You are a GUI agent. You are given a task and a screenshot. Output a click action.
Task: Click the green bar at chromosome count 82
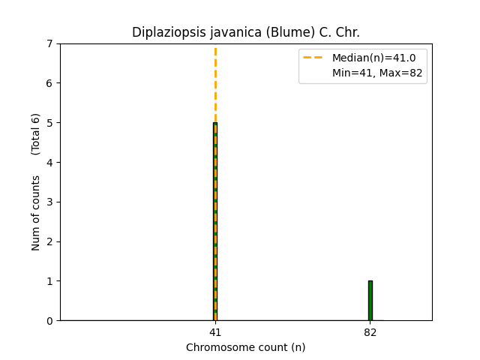tap(370, 301)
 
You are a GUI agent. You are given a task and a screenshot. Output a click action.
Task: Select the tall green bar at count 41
tap(214, 225)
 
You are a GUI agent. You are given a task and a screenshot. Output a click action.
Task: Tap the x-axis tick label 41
tap(215, 331)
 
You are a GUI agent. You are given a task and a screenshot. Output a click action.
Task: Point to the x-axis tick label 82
tap(370, 331)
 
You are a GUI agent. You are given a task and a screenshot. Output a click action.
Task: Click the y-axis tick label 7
tap(49, 43)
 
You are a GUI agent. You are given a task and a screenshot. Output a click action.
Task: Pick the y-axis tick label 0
tap(49, 321)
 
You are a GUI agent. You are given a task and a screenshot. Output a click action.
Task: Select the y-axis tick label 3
tap(49, 202)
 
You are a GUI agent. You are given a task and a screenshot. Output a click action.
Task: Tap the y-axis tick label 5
tap(49, 123)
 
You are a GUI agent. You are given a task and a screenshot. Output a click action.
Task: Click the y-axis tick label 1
tap(49, 281)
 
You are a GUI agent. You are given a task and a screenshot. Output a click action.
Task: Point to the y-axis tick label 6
tap(49, 83)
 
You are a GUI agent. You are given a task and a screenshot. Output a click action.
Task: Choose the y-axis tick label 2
tap(49, 241)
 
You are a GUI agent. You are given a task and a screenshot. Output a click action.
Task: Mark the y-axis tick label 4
tap(49, 163)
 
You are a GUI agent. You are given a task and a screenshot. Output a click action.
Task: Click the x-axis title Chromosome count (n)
tap(245, 347)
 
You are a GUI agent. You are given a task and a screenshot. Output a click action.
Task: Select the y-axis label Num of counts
tap(36, 213)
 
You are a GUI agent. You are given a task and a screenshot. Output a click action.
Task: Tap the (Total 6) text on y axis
tap(36, 133)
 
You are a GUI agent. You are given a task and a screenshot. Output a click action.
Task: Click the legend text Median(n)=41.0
tap(368, 58)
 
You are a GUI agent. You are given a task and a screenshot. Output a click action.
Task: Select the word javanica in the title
tap(223, 32)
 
